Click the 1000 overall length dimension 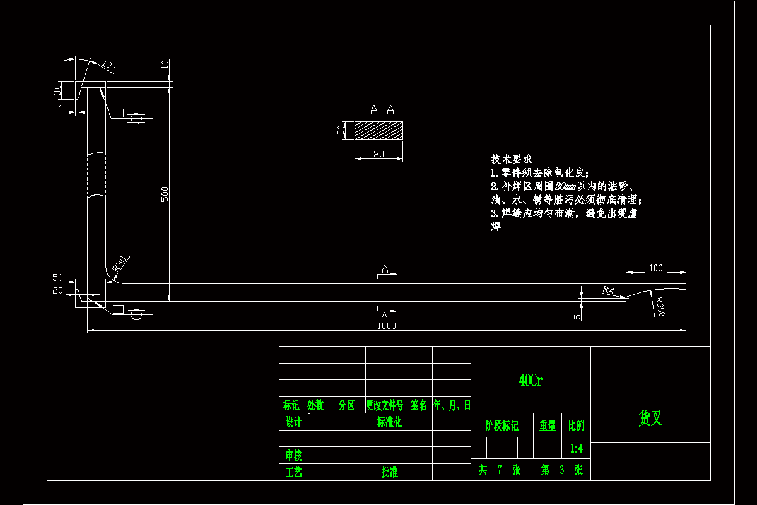(x=386, y=326)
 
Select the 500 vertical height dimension (x=165, y=194)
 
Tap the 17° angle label (x=109, y=65)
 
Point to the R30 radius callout (x=120, y=265)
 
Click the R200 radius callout (x=659, y=306)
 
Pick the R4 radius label (x=608, y=290)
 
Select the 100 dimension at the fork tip (x=655, y=268)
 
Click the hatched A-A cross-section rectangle (x=378, y=131)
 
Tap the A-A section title (x=382, y=110)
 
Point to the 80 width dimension (x=378, y=153)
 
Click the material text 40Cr (x=531, y=380)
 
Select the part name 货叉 (x=650, y=418)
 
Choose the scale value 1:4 (x=576, y=449)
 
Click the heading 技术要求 (x=512, y=159)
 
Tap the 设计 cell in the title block (x=293, y=422)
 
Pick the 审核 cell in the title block (x=293, y=454)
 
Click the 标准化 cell (x=389, y=422)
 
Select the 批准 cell (x=389, y=472)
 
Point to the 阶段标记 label (x=502, y=426)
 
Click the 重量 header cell (x=547, y=426)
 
